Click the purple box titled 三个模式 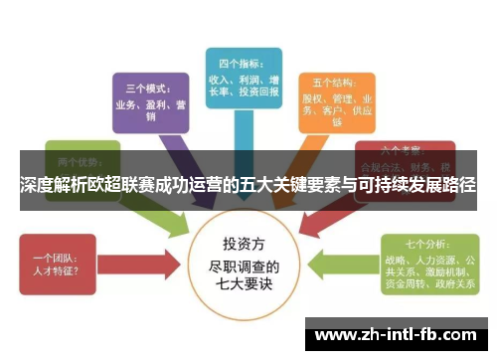coord(148,99)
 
